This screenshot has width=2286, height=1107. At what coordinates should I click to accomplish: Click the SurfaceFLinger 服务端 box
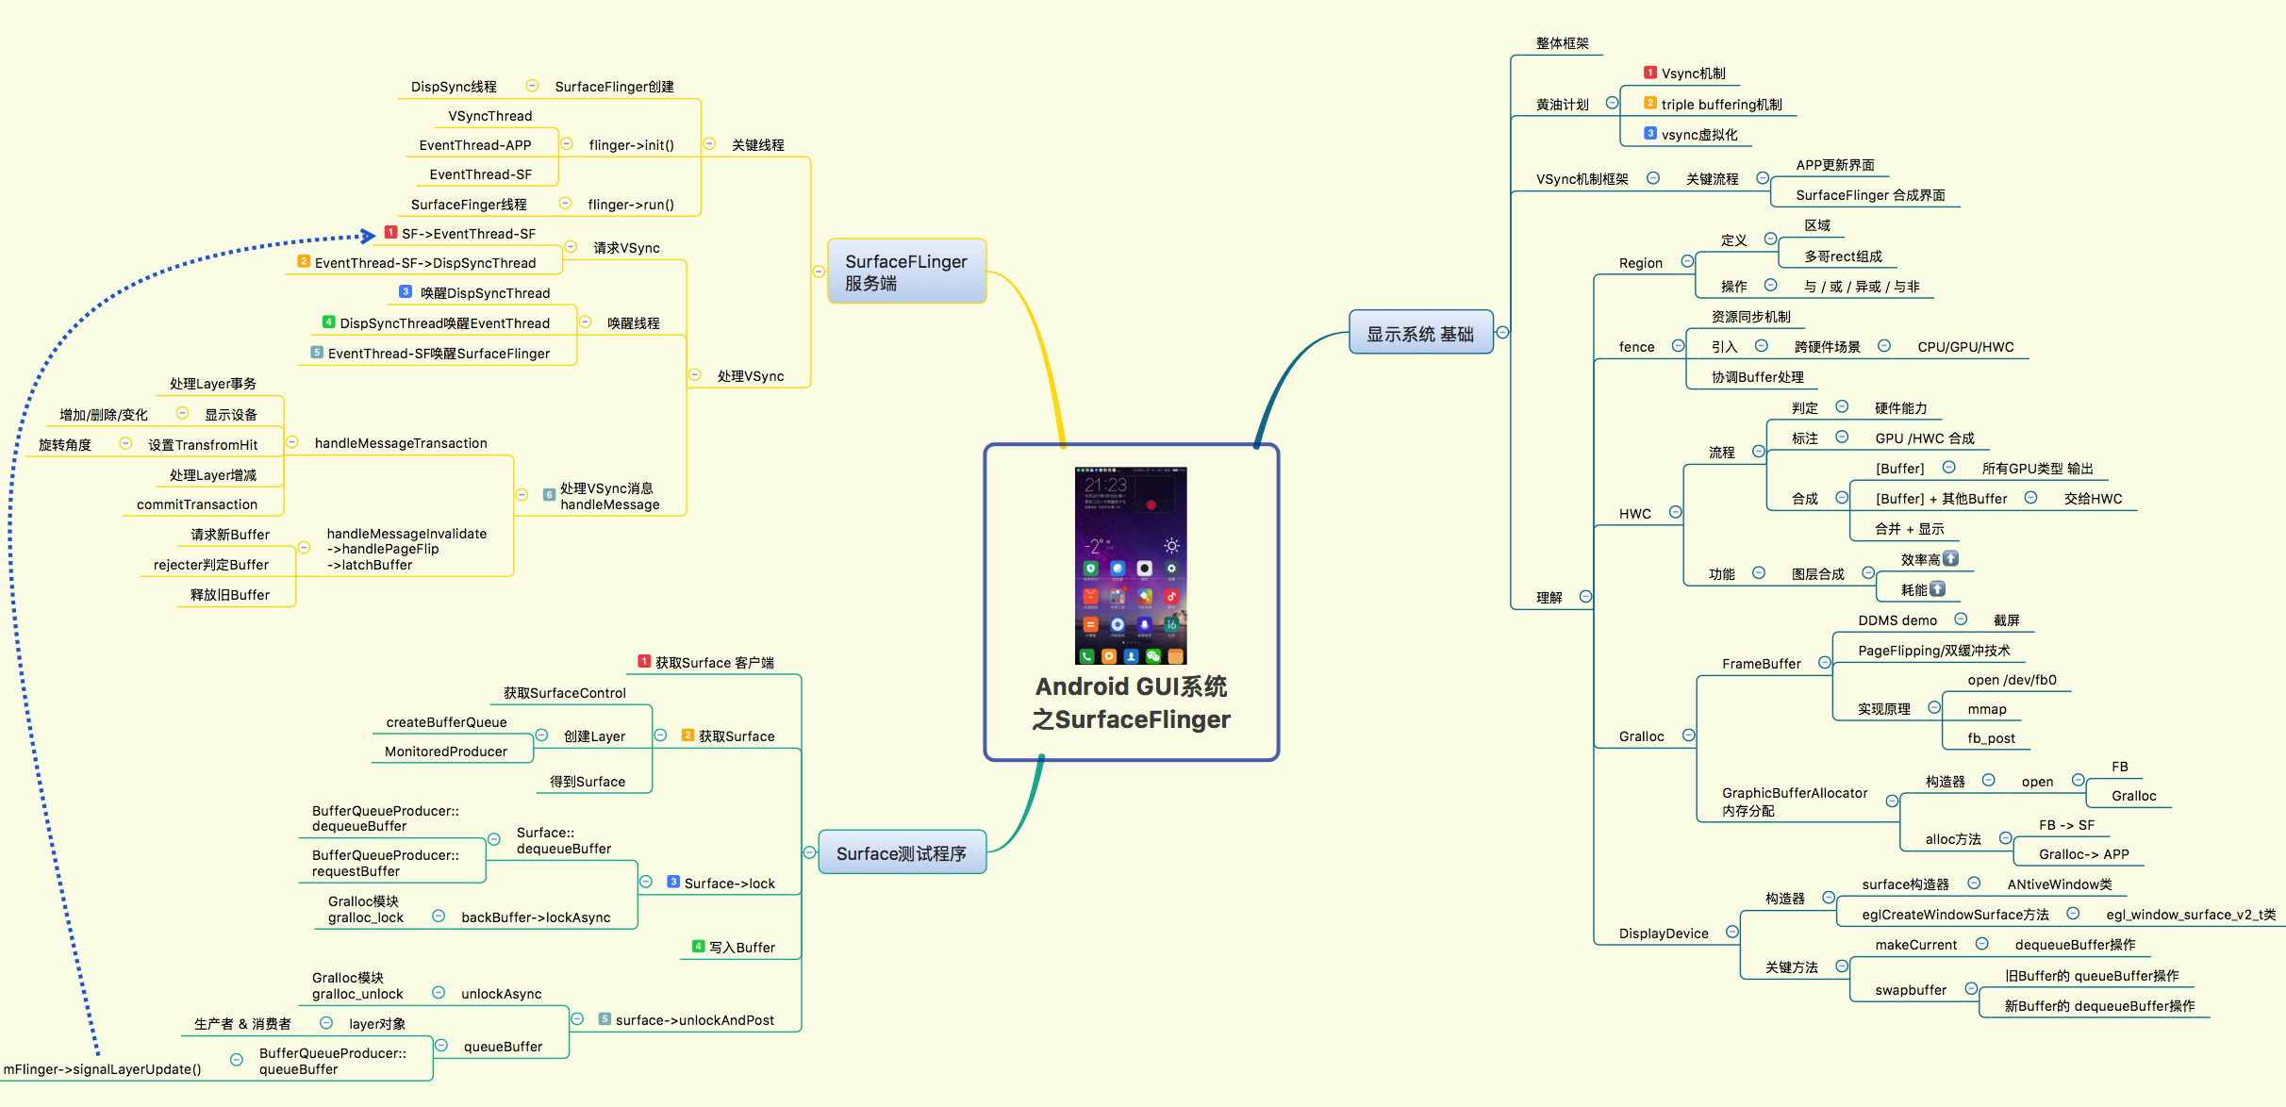[x=906, y=272]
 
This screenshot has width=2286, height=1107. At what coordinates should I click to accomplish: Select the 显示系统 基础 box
[x=1420, y=333]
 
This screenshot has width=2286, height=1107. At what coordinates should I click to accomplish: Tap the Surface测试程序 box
[x=902, y=853]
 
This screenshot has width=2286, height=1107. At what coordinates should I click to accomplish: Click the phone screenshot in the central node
[x=1131, y=565]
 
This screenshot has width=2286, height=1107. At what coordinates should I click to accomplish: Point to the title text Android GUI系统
[x=1131, y=686]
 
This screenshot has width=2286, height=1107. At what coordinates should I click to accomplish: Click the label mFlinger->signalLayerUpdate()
[x=103, y=1069]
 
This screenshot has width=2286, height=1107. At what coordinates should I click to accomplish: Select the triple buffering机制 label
[x=1721, y=105]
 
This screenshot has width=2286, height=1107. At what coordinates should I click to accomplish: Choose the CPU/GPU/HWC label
[x=1965, y=347]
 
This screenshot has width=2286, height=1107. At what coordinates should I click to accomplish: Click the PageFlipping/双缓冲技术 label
[x=1933, y=651]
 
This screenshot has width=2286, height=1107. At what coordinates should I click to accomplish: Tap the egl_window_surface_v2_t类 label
[x=2191, y=915]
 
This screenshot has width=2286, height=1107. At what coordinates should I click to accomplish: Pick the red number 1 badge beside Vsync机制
[x=1649, y=73]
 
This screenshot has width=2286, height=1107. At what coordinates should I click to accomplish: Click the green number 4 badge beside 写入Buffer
[x=698, y=947]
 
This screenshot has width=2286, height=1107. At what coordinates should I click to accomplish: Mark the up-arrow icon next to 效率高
[x=1951, y=558]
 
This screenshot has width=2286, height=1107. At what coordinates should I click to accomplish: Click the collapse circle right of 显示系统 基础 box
[x=1502, y=332]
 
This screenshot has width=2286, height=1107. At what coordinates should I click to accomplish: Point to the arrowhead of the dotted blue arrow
[x=369, y=236]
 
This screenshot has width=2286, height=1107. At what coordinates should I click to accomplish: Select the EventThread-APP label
[x=475, y=145]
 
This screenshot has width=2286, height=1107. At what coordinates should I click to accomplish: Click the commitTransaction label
[x=197, y=504]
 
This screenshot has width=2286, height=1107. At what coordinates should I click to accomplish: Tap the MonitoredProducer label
[x=446, y=752]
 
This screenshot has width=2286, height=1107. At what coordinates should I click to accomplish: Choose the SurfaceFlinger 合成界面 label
[x=1870, y=195]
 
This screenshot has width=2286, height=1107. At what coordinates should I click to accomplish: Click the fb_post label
[x=1991, y=738]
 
